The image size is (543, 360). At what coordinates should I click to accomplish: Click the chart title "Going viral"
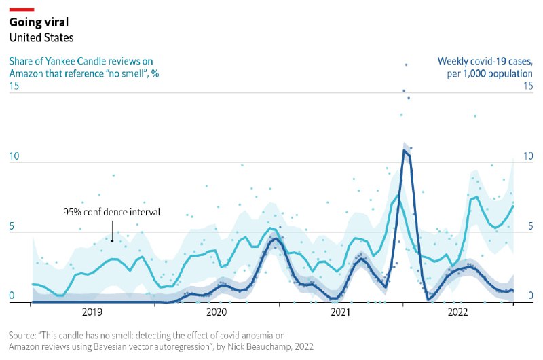39,22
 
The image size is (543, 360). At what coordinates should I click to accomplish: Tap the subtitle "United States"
41,38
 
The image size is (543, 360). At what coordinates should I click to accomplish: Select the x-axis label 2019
92,312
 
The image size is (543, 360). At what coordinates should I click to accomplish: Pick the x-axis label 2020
217,312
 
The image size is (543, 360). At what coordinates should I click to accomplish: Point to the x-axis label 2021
340,312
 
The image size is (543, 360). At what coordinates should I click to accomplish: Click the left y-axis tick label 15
14,86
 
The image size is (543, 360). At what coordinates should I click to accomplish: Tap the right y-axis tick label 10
528,157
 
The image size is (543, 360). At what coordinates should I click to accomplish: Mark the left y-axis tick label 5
12,227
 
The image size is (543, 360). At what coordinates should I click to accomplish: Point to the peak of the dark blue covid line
405,150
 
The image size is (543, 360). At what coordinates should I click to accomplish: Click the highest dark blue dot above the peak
407,65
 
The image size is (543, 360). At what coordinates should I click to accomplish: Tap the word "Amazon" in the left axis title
27,73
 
